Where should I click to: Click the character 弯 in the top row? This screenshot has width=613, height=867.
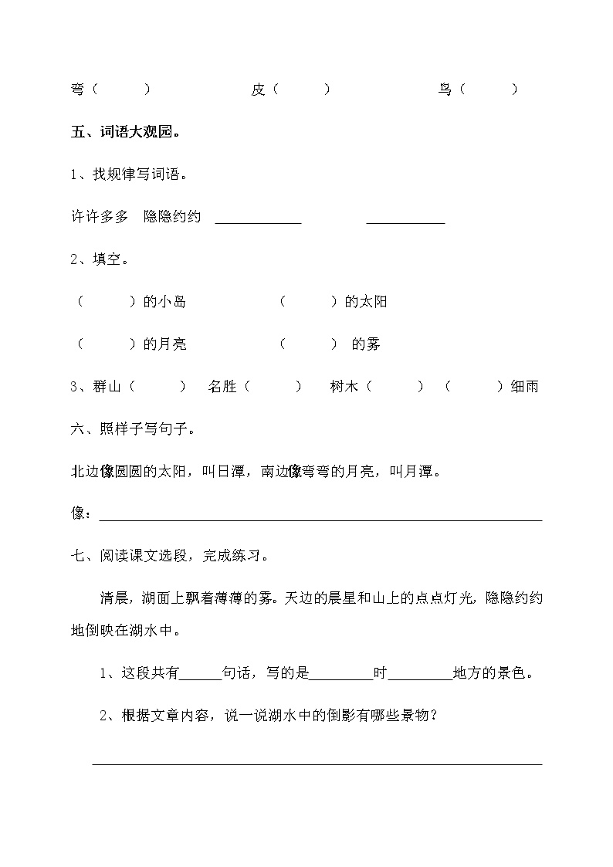(x=77, y=90)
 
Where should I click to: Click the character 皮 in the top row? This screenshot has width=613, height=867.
(x=258, y=90)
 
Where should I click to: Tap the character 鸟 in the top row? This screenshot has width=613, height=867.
(x=445, y=90)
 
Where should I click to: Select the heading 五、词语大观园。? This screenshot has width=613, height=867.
(x=127, y=132)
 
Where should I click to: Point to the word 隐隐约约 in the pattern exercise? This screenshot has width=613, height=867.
(x=172, y=217)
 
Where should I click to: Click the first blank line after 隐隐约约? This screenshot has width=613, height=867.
(x=258, y=221)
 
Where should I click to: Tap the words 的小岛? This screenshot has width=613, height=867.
(x=165, y=302)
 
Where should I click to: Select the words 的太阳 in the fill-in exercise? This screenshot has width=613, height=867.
(x=366, y=302)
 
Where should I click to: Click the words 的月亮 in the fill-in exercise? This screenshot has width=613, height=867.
(x=165, y=344)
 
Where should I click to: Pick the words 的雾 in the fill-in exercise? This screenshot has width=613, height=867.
(x=366, y=344)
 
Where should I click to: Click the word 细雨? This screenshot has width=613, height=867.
(x=524, y=387)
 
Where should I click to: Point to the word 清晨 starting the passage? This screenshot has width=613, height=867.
(x=113, y=598)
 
